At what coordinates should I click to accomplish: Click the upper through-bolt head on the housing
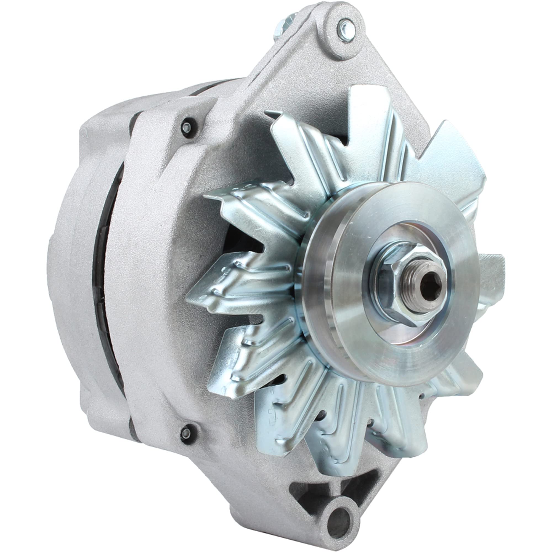(x=186, y=128)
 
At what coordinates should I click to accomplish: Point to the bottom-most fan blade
(x=337, y=446)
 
